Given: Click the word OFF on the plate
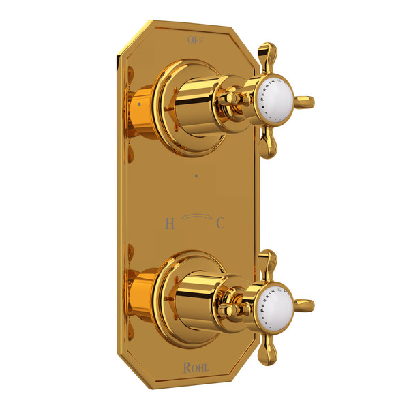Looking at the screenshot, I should click(x=196, y=40).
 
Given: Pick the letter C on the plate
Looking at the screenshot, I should click(x=221, y=222).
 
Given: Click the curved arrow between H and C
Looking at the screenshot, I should click(x=195, y=217).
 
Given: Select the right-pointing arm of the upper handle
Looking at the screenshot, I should click(x=304, y=102).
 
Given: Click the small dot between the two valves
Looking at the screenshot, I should click(x=196, y=174).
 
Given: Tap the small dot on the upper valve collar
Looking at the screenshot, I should click(x=138, y=106).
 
